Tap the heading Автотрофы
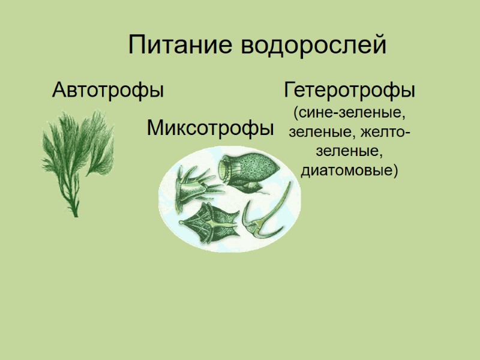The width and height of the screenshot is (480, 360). (x=108, y=91)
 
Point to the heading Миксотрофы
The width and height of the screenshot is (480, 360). (x=211, y=127)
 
